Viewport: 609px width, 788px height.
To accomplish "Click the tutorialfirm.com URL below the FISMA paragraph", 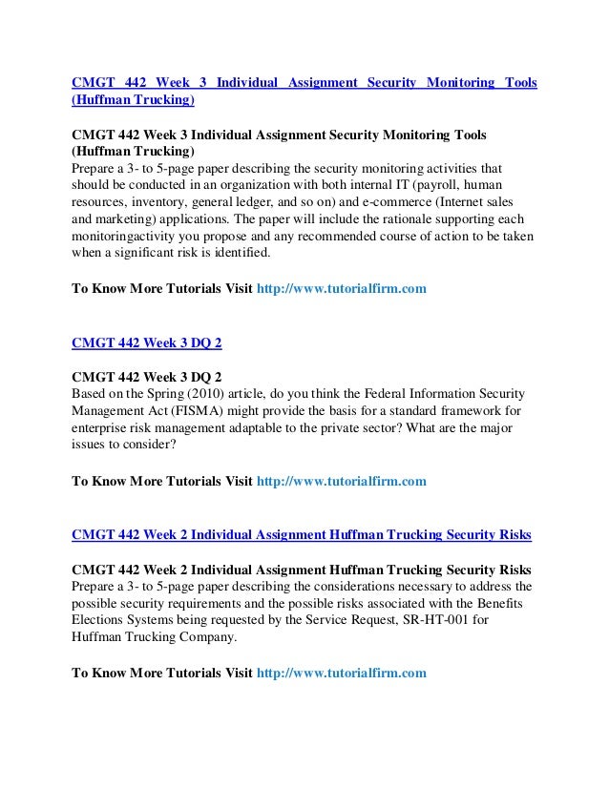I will click(x=343, y=482).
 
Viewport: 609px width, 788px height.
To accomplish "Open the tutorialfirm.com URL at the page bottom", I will click(x=343, y=674).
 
